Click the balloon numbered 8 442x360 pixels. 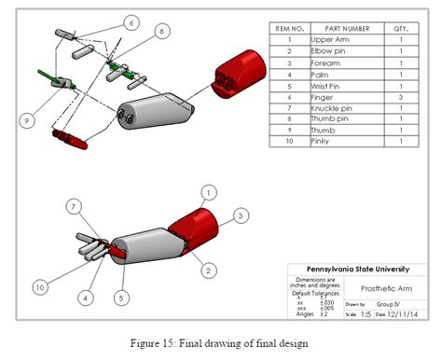tap(163, 31)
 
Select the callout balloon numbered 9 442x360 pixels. tap(27, 118)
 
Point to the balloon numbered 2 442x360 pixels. tap(209, 270)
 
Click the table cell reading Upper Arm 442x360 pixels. tap(338, 40)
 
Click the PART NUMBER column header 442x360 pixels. tap(338, 29)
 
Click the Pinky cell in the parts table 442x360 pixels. tap(338, 141)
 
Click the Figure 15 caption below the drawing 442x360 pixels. tap(220, 343)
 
